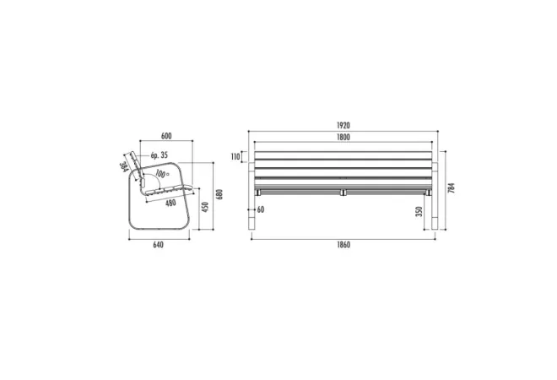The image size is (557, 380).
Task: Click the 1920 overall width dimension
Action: pos(343,126)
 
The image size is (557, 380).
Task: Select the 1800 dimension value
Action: pos(343,137)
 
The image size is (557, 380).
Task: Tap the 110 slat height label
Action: pos(235,157)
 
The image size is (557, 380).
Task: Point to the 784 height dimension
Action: pos(452,188)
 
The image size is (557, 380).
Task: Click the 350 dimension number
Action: pos(419,211)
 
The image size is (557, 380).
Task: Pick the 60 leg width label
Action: pos(261,209)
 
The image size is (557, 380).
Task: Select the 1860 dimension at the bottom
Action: pos(343,245)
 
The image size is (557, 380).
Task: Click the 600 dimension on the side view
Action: pos(166,136)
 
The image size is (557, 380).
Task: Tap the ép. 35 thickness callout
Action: pos(160,155)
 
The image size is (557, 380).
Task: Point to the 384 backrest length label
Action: pos(123,167)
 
